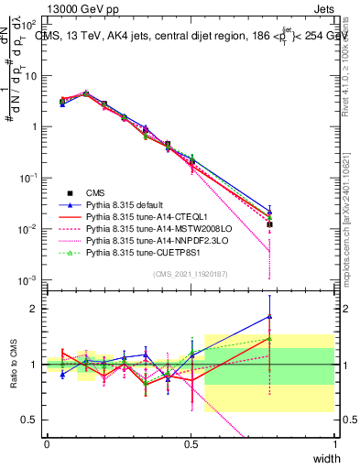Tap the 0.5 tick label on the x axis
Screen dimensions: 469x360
pyautogui.click(x=191, y=443)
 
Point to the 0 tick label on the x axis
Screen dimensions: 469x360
pyautogui.click(x=47, y=443)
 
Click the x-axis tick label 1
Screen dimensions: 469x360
pyautogui.click(x=334, y=443)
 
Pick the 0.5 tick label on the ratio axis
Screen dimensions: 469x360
pyautogui.click(x=31, y=420)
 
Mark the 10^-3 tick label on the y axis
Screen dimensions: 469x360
pyautogui.click(x=29, y=279)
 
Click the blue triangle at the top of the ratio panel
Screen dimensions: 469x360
pyautogui.click(x=269, y=317)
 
